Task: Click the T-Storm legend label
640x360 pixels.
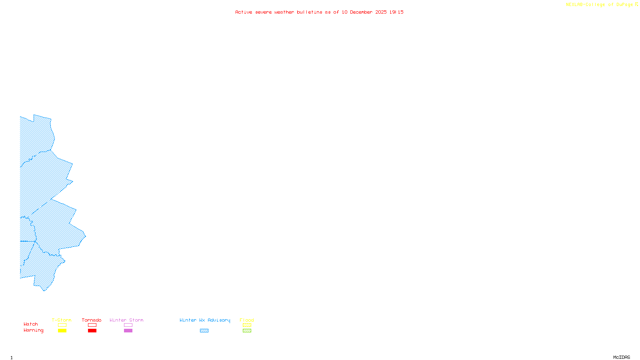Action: (62, 320)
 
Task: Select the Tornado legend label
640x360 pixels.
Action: (92, 320)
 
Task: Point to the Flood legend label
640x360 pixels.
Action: (247, 320)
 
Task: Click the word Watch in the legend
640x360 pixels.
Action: (31, 324)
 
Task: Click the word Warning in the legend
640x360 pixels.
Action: (34, 330)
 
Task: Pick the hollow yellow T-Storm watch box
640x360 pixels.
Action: (62, 325)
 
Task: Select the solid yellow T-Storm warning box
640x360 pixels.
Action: (62, 331)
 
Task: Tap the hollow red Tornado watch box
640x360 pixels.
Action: (92, 325)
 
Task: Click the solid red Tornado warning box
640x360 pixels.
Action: (92, 331)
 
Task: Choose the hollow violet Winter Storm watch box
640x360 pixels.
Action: (128, 325)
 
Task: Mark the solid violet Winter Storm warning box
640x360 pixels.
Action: (128, 331)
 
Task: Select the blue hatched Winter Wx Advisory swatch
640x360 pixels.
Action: (204, 331)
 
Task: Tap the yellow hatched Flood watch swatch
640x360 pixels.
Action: (247, 325)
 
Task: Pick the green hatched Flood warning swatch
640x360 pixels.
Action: (247, 331)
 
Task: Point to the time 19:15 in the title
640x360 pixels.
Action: (396, 12)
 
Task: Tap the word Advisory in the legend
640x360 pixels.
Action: (219, 320)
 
